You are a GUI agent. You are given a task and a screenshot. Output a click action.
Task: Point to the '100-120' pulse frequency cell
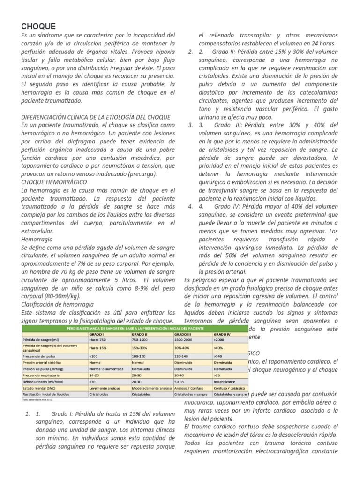click(139, 357)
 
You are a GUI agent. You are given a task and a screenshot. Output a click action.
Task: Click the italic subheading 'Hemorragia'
click(37, 239)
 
